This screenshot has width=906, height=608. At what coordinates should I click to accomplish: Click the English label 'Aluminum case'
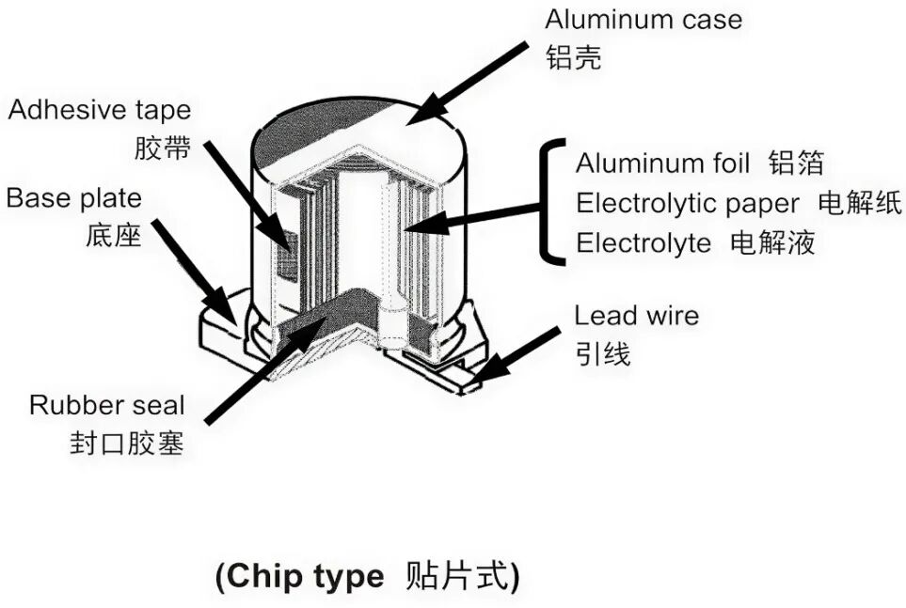[644, 20]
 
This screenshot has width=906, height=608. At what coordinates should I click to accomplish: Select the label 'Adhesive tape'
[100, 110]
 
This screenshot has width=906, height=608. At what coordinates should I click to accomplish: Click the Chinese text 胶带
[163, 148]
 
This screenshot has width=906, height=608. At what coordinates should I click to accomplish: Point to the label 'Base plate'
[74, 198]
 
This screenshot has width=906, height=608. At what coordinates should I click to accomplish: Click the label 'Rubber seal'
[107, 405]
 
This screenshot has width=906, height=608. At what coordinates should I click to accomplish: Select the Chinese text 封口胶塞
[127, 443]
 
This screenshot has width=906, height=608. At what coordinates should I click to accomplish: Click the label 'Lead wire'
[637, 315]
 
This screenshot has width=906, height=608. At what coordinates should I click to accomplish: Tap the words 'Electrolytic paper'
[688, 203]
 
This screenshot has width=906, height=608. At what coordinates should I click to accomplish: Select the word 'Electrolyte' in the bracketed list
[644, 243]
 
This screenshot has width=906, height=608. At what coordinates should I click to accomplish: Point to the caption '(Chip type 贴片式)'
[367, 575]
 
